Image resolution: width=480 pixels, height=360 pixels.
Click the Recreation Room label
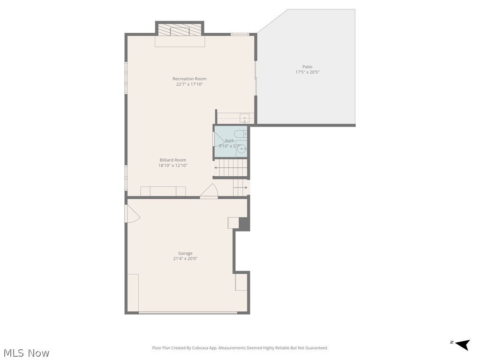pos(189,79)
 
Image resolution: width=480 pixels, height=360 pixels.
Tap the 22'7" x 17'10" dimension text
pos(189,84)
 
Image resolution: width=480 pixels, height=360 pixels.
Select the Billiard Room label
pos(172,160)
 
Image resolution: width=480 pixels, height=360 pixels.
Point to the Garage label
pos(185,253)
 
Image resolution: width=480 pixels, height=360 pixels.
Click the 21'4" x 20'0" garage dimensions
pos(185,259)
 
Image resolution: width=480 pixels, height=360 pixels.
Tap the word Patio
pos(307,67)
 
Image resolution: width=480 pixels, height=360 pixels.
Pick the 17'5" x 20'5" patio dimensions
pos(307,72)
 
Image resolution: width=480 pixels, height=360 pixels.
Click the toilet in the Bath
pos(241,134)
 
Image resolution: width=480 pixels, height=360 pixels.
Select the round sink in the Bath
pos(241,150)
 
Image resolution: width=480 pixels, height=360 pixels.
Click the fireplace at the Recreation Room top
pos(180,30)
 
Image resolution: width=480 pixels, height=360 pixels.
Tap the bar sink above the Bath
pos(245,118)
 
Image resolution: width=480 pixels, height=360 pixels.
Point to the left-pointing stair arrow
pos(217,167)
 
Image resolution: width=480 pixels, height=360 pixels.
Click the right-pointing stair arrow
pos(245,187)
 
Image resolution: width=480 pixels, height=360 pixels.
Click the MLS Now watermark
pos(26,352)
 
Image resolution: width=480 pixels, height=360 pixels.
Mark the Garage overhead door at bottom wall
pos(187,313)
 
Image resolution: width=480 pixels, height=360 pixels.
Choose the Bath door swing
pos(218,139)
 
